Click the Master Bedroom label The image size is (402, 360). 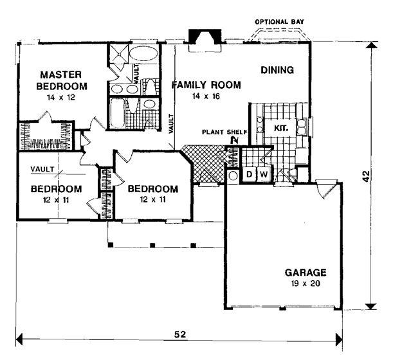(62, 80)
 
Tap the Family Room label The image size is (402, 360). (206, 85)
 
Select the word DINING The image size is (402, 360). (277, 70)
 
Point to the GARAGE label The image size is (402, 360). (306, 273)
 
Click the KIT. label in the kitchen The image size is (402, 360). (281, 128)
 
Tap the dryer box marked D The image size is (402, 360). (249, 174)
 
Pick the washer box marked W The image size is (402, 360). (263, 174)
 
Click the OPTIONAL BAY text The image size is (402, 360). (279, 22)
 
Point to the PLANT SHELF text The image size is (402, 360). (224, 132)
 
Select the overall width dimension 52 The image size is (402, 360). (180, 334)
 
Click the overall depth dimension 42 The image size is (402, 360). (367, 176)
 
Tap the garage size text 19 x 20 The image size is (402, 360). (306, 283)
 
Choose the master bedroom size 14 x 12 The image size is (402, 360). (60, 97)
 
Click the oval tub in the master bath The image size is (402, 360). (143, 53)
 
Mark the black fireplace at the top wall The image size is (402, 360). (205, 36)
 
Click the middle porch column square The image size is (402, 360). (152, 245)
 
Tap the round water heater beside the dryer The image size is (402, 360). (233, 175)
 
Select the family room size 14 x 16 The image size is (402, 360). (206, 96)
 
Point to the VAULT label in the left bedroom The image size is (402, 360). (42, 169)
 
